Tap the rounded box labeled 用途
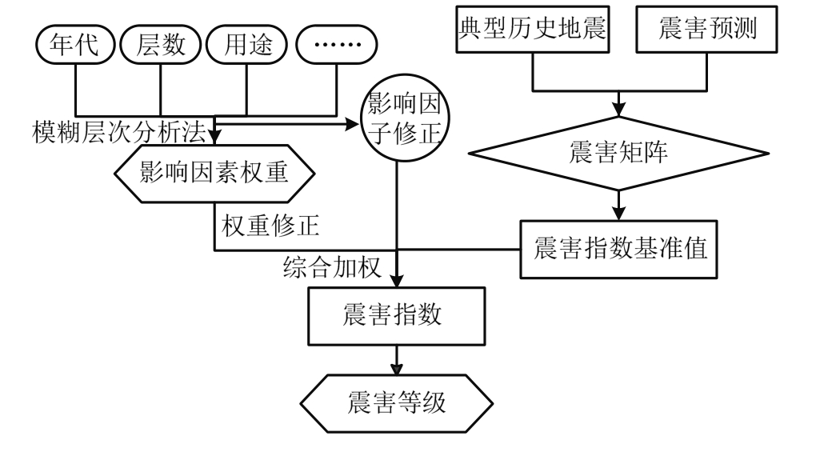tap(246, 46)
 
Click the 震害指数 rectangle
tap(396, 314)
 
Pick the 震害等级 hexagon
tap(396, 402)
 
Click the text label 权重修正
tap(270, 226)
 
